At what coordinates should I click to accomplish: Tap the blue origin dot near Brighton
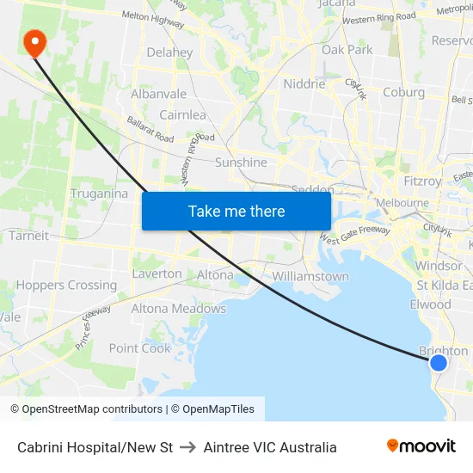coord(438,362)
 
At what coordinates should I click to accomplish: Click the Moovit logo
coord(421,446)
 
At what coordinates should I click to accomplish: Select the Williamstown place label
coord(310,277)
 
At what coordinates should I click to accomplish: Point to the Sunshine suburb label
coord(241,163)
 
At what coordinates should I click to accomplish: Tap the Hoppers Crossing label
coord(66,286)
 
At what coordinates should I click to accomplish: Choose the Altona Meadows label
coord(178,309)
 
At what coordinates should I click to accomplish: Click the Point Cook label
coord(140,348)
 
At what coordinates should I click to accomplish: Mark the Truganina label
coord(99,193)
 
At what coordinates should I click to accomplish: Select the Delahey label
coord(169,52)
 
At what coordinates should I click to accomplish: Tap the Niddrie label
coord(304,84)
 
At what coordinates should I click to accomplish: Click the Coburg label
coord(403,93)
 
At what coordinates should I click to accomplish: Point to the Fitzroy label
coord(422,181)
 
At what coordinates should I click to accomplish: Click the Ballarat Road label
coord(150,130)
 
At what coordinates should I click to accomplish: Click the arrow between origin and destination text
coord(188,447)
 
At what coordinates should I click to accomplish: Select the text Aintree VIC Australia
coord(270,447)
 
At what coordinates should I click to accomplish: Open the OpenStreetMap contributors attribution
coord(86,409)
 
